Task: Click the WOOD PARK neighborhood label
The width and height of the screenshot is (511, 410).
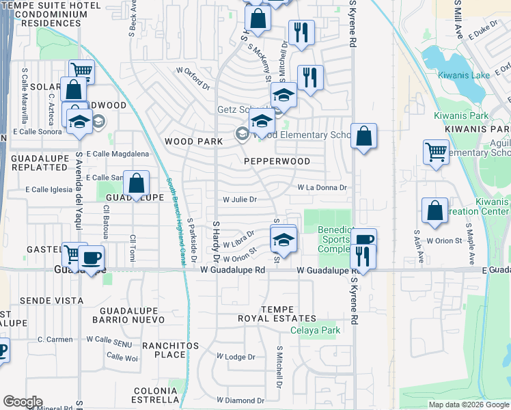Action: [194, 141]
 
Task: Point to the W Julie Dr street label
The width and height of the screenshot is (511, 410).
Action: [240, 200]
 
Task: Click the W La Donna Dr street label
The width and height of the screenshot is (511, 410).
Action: [322, 187]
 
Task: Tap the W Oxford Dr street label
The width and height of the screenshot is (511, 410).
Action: [193, 77]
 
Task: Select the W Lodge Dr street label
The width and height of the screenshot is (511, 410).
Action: [236, 357]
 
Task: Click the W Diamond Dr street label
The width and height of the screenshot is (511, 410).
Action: [240, 400]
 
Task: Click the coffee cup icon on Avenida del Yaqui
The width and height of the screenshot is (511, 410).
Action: [90, 258]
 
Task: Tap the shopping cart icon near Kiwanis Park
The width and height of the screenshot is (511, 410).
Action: [436, 152]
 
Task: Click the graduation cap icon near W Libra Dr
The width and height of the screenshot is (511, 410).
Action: [283, 238]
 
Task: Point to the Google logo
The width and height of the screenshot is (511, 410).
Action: [23, 402]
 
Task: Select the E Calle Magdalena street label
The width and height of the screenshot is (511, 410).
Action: [117, 154]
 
